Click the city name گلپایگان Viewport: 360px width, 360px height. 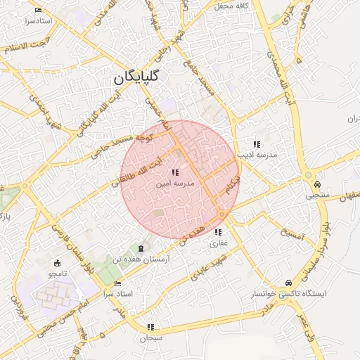tap(138, 77)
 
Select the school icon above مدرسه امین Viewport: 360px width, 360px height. tap(175, 172)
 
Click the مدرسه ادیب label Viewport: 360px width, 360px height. tap(257, 153)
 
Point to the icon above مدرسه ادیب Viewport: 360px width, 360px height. tap(257, 143)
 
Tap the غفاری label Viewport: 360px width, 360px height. tap(218, 243)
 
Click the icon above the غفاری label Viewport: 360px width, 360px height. tap(218, 233)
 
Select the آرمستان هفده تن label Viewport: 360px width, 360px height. tap(144, 259)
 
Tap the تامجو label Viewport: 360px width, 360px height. tap(57, 272)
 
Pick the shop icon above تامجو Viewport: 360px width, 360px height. tap(58, 262)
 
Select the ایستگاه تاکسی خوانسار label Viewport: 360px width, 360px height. tap(288, 293)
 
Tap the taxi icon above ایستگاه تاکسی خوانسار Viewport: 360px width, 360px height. tap(288, 283)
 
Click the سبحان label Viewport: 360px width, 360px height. tap(150, 337)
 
